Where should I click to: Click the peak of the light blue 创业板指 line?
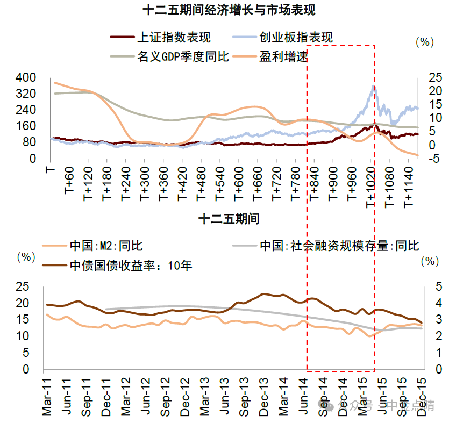pos(373,86)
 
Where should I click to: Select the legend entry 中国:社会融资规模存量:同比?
pos(339,246)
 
